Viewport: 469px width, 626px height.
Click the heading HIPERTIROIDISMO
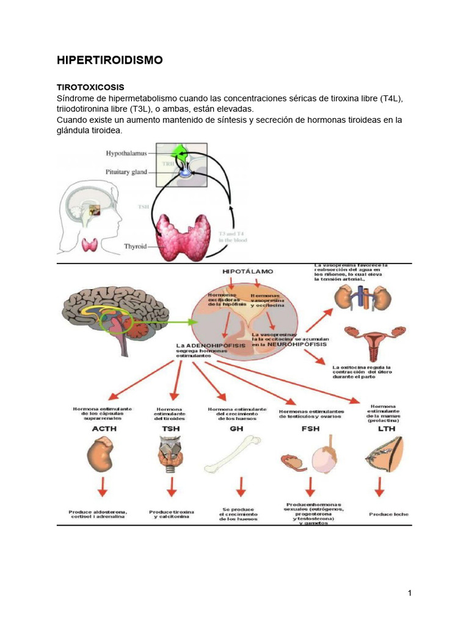[110, 60]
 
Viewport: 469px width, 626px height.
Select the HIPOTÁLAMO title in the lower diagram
[248, 270]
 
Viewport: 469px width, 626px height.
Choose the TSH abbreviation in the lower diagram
[171, 429]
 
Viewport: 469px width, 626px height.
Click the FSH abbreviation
[310, 429]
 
